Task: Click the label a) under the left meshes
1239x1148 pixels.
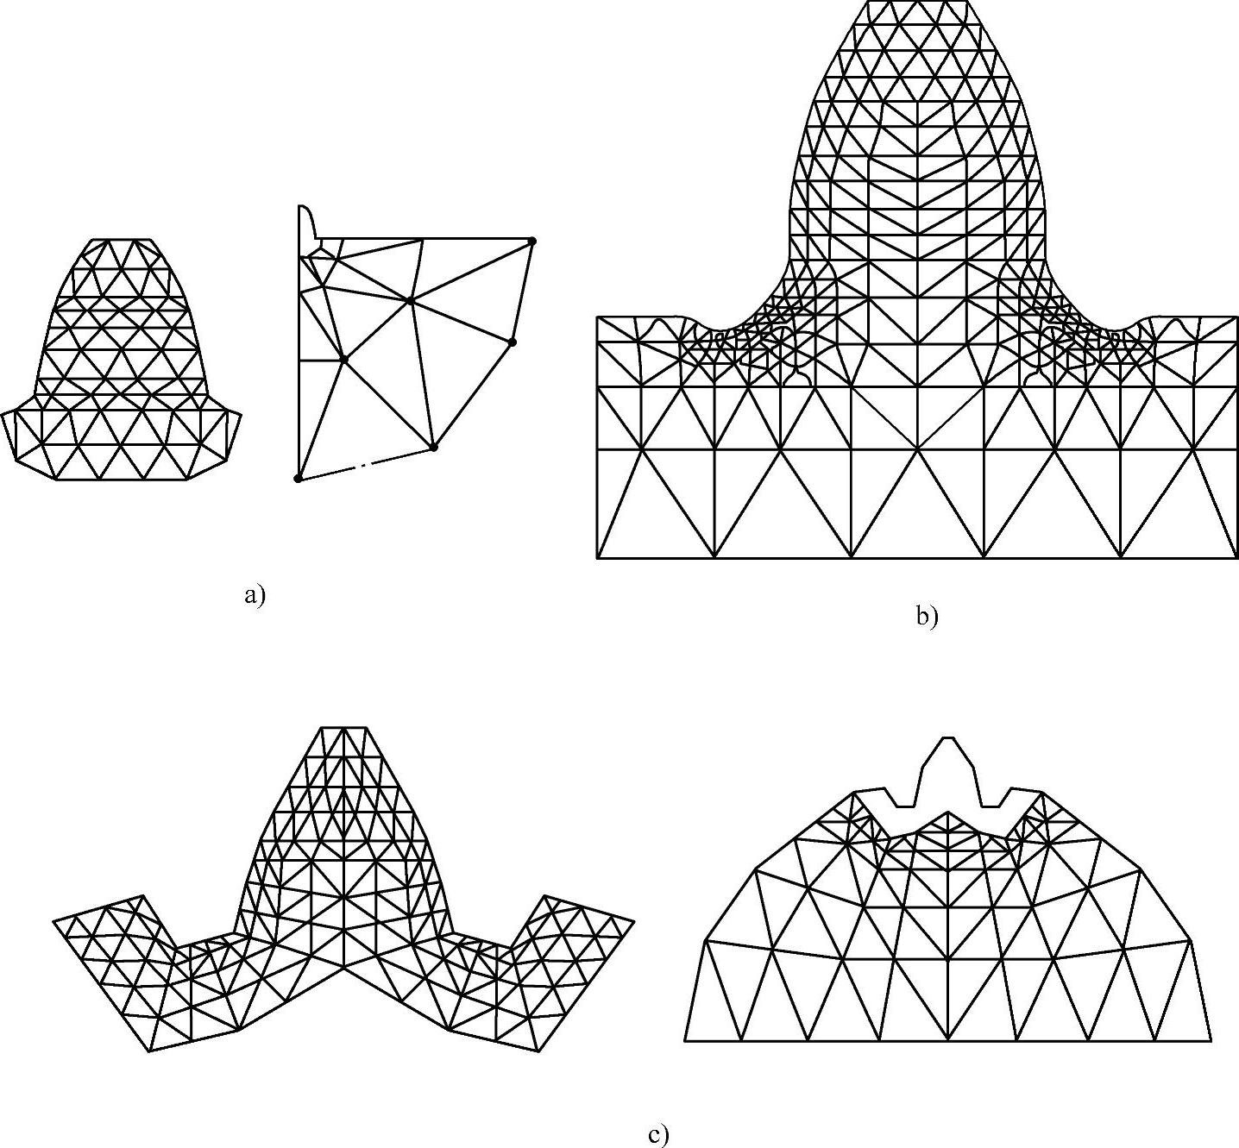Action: (255, 595)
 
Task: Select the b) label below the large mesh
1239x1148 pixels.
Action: (927, 617)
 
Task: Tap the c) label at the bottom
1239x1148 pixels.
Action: (657, 1135)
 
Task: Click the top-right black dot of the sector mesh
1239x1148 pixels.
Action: (532, 241)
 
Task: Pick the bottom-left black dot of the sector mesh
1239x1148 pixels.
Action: (299, 479)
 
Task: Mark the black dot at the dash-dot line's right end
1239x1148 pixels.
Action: (434, 447)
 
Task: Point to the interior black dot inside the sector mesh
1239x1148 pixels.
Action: (344, 358)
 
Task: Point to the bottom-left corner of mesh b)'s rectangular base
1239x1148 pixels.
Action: (598, 558)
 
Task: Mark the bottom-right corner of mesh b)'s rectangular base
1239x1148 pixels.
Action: (1237, 558)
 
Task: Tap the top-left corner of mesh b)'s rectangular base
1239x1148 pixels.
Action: (598, 317)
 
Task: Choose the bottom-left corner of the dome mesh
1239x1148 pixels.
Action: (685, 1040)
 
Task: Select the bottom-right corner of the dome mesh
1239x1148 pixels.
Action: (1211, 1040)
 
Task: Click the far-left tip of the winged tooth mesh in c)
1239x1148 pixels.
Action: (54, 921)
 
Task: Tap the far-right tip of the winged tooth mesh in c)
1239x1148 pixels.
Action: (634, 921)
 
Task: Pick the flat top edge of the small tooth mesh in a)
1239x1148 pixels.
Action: (121, 240)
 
